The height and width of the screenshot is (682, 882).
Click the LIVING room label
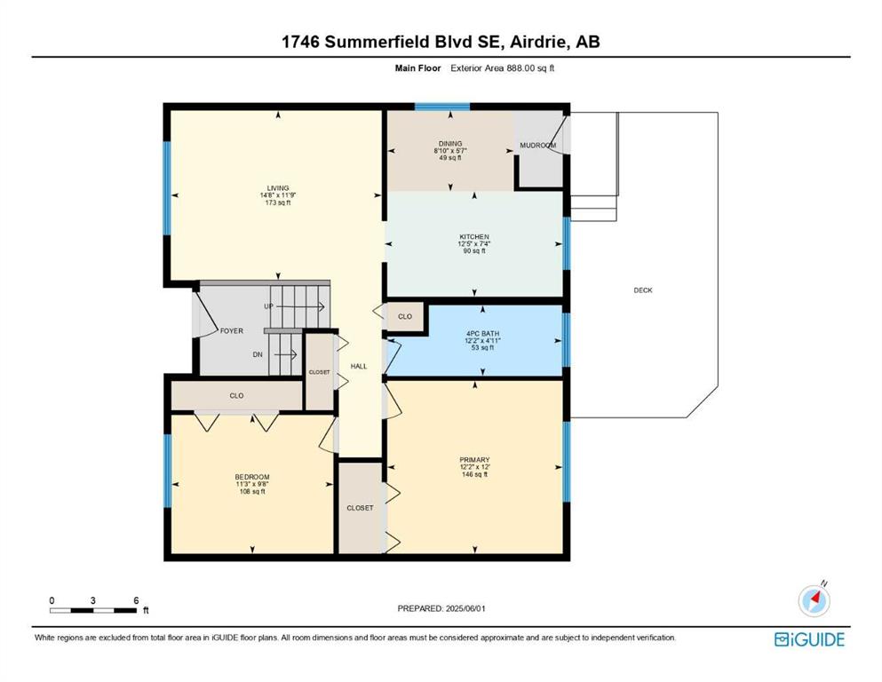278,188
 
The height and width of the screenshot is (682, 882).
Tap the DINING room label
450,144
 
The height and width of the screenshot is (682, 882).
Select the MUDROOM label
537,145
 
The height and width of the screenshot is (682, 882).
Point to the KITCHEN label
474,237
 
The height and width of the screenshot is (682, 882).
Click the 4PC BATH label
482,333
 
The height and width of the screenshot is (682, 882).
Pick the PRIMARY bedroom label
474,460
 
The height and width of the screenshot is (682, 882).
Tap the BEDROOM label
252,477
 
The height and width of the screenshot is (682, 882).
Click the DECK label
643,290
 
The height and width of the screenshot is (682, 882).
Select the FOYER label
231,331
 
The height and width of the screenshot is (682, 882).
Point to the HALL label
359,366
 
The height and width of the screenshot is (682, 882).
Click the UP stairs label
268,306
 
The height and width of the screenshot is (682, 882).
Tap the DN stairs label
257,355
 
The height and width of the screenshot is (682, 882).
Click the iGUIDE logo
809,639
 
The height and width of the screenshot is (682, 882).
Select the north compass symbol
814,599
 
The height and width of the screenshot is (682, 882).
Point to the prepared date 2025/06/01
465,608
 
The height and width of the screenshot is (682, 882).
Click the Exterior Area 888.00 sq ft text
503,68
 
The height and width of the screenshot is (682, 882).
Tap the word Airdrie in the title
537,42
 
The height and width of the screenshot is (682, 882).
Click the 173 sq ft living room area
278,202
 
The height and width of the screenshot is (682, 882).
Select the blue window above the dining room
442,107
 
